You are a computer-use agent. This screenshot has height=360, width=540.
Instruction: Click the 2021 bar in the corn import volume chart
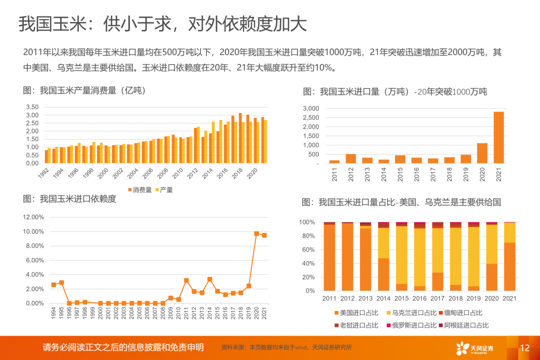(498, 137)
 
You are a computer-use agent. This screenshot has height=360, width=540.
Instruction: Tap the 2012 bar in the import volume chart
(351, 158)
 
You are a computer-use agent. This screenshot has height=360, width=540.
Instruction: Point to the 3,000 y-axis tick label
(311, 108)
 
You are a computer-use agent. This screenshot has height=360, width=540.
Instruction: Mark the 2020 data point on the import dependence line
(256, 233)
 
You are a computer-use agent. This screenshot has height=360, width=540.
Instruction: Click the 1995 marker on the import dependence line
(61, 282)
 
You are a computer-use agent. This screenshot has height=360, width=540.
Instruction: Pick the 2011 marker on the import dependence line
(186, 280)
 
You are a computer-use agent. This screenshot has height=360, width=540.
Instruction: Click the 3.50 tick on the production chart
(32, 107)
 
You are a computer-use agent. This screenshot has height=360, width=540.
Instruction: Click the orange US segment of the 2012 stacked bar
(347, 257)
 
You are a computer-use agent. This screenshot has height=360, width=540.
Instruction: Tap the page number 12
(524, 348)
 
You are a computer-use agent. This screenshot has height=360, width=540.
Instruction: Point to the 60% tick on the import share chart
(307, 249)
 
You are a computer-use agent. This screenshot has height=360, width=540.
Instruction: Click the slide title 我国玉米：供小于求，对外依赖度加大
(162, 24)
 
